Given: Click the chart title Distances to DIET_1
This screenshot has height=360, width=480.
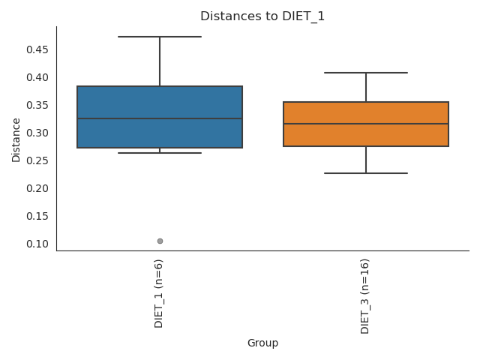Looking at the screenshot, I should tap(262, 16).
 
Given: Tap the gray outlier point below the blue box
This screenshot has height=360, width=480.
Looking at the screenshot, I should tap(160, 241).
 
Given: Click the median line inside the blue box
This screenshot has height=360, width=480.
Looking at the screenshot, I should tap(160, 118).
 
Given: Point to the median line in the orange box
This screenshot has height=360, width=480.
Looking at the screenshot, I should tap(366, 124).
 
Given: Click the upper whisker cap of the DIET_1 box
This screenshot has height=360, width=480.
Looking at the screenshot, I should tap(160, 37).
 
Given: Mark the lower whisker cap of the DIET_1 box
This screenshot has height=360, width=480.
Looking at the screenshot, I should tap(160, 153).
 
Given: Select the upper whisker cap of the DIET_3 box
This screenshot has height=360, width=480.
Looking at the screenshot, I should tap(366, 73).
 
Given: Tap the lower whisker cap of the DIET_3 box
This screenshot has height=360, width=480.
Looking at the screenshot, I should tap(366, 173).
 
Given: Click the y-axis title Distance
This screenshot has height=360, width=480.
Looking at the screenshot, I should tap(16, 139).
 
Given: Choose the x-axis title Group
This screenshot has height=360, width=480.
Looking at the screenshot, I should tap(262, 343).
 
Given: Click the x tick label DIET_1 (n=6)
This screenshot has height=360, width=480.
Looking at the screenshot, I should tap(159, 293).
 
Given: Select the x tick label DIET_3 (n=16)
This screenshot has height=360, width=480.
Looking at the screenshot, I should tap(365, 295).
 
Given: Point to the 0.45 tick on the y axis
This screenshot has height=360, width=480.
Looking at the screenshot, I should tap(37, 49).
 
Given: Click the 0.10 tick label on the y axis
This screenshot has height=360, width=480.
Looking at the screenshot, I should tap(37, 244).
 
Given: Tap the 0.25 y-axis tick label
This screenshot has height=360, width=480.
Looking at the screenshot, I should tap(37, 160).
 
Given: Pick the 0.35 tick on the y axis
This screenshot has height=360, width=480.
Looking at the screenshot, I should tap(37, 105).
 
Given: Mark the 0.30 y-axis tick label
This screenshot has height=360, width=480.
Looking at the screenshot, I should tap(37, 133).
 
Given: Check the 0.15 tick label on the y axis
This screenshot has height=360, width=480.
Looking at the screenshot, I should tap(37, 216).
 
